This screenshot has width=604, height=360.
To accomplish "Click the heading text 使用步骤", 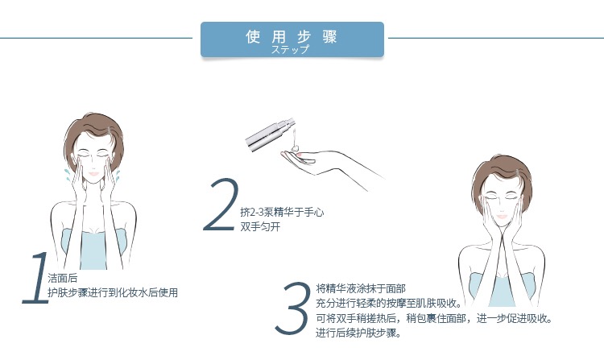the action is (292, 36).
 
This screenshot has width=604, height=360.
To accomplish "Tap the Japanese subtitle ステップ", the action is (291, 49).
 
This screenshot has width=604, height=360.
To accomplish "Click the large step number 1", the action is (35, 278).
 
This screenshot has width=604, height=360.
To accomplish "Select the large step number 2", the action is (221, 205).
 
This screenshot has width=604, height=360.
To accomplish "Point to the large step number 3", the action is (293, 308).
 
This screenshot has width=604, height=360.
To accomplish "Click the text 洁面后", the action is (62, 278).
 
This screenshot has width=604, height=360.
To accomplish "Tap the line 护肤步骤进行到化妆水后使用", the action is (113, 292).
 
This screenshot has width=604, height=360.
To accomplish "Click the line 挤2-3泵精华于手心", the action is (282, 212).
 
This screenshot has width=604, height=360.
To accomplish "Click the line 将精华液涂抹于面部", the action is (361, 288).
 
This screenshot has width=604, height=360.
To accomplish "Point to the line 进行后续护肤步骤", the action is (358, 333).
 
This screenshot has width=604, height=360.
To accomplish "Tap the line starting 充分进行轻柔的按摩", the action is (389, 304).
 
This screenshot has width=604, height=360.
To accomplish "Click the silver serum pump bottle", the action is (270, 134).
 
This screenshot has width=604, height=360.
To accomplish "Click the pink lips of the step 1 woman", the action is (94, 174).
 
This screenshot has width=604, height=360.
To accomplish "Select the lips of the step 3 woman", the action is (502, 217).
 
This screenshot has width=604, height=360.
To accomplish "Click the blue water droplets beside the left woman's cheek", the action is (68, 175).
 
